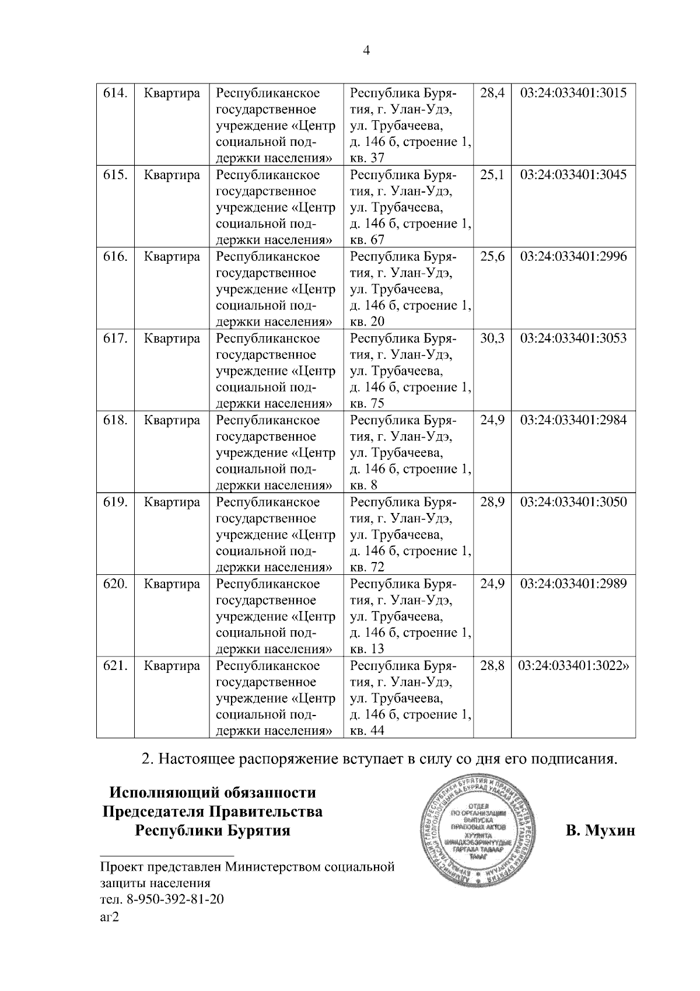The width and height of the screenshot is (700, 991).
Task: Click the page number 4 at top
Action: (366, 51)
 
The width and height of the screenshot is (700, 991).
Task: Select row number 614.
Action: (115, 93)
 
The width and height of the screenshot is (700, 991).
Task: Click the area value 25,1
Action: (492, 175)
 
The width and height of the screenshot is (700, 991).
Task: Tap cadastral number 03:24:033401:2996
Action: (573, 257)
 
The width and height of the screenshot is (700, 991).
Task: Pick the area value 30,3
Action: (492, 339)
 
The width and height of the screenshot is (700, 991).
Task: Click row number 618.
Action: (115, 420)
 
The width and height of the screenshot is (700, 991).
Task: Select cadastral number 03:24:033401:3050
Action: (573, 502)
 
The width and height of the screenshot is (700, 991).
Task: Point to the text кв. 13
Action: (367, 649)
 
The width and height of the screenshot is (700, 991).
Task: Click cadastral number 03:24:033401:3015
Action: (573, 93)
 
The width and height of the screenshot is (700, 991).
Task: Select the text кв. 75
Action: (367, 404)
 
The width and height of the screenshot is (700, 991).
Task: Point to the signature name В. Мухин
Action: (600, 831)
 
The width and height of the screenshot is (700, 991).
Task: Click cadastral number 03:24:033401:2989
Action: (573, 584)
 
